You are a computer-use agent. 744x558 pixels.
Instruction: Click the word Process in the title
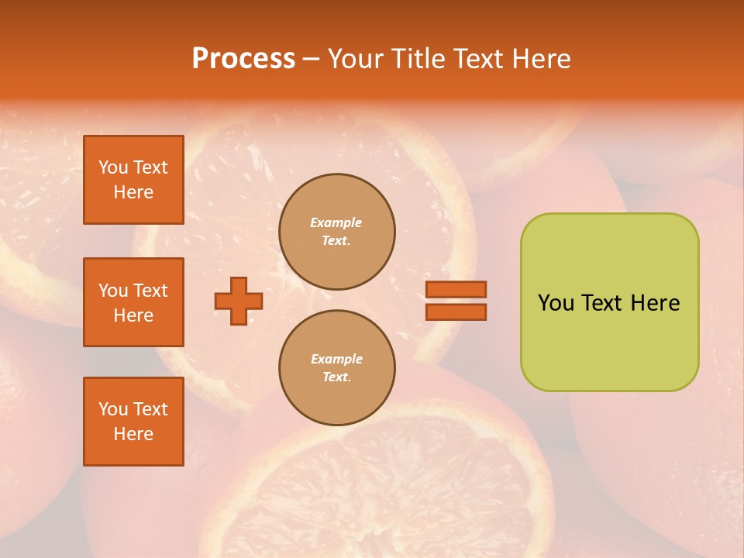pyautogui.click(x=243, y=59)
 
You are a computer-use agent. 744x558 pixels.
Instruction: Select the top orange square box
pyautogui.click(x=133, y=180)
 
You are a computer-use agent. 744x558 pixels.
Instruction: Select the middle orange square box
pyautogui.click(x=133, y=302)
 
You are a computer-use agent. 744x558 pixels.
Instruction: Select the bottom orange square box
pyautogui.click(x=133, y=422)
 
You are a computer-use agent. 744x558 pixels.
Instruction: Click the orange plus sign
pyautogui.click(x=238, y=301)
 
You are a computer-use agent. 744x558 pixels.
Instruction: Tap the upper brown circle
pyautogui.click(x=337, y=232)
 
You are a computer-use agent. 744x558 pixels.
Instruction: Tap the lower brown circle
pyautogui.click(x=337, y=368)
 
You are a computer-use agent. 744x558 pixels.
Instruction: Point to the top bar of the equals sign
pyautogui.click(x=456, y=289)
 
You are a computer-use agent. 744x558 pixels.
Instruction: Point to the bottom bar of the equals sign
pyautogui.click(x=456, y=312)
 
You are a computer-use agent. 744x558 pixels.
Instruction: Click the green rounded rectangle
pyautogui.click(x=609, y=341)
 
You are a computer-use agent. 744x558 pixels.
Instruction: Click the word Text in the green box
pyautogui.click(x=603, y=303)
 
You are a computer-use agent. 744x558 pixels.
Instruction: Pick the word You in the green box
pyautogui.click(x=556, y=303)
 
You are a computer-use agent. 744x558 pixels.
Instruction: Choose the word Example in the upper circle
pyautogui.click(x=336, y=222)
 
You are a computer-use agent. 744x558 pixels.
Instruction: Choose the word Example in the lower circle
pyautogui.click(x=336, y=359)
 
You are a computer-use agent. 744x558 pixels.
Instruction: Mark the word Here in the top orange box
pyautogui.click(x=133, y=192)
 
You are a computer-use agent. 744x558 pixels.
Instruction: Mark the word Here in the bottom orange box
pyautogui.click(x=133, y=434)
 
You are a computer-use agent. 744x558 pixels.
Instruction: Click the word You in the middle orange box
pyautogui.click(x=113, y=291)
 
